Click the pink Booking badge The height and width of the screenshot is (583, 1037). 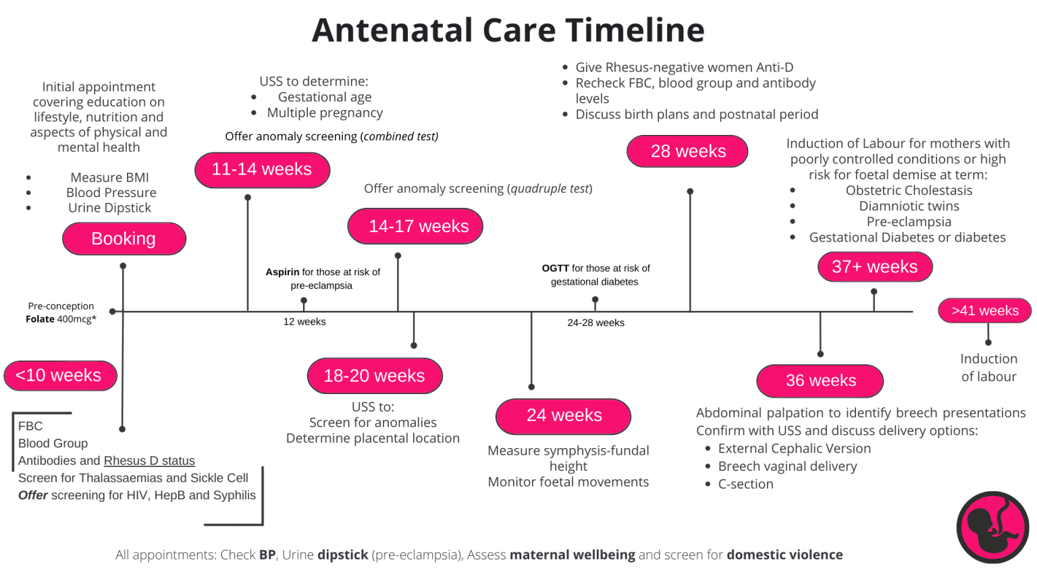pyautogui.click(x=124, y=239)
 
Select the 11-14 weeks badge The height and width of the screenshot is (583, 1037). pyautogui.click(x=262, y=169)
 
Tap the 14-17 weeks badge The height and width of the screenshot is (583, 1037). pyautogui.click(x=415, y=226)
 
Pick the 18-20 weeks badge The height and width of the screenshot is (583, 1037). pyautogui.click(x=375, y=376)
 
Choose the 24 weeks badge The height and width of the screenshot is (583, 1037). pyautogui.click(x=564, y=416)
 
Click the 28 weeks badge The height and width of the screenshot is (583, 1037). pyautogui.click(x=687, y=151)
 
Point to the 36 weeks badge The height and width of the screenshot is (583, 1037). pyautogui.click(x=820, y=381)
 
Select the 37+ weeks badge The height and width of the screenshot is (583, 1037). pyautogui.click(x=874, y=267)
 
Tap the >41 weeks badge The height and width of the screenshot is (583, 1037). pyautogui.click(x=984, y=310)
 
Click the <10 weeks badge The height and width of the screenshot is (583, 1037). pyautogui.click(x=59, y=375)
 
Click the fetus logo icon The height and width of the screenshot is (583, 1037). pyautogui.click(x=992, y=527)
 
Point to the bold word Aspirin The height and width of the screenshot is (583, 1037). pyautogui.click(x=282, y=272)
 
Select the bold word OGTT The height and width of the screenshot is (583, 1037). pyautogui.click(x=555, y=268)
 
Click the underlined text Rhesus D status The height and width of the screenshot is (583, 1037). pyautogui.click(x=149, y=461)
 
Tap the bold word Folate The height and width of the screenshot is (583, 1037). pyautogui.click(x=40, y=319)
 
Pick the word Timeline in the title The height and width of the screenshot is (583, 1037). pyautogui.click(x=635, y=30)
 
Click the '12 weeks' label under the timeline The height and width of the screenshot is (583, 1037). pyautogui.click(x=304, y=322)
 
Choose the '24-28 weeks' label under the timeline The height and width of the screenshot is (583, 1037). pyautogui.click(x=595, y=323)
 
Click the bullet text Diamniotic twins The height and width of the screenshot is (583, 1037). pyautogui.click(x=909, y=206)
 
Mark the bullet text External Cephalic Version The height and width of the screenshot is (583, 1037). pyautogui.click(x=794, y=449)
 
